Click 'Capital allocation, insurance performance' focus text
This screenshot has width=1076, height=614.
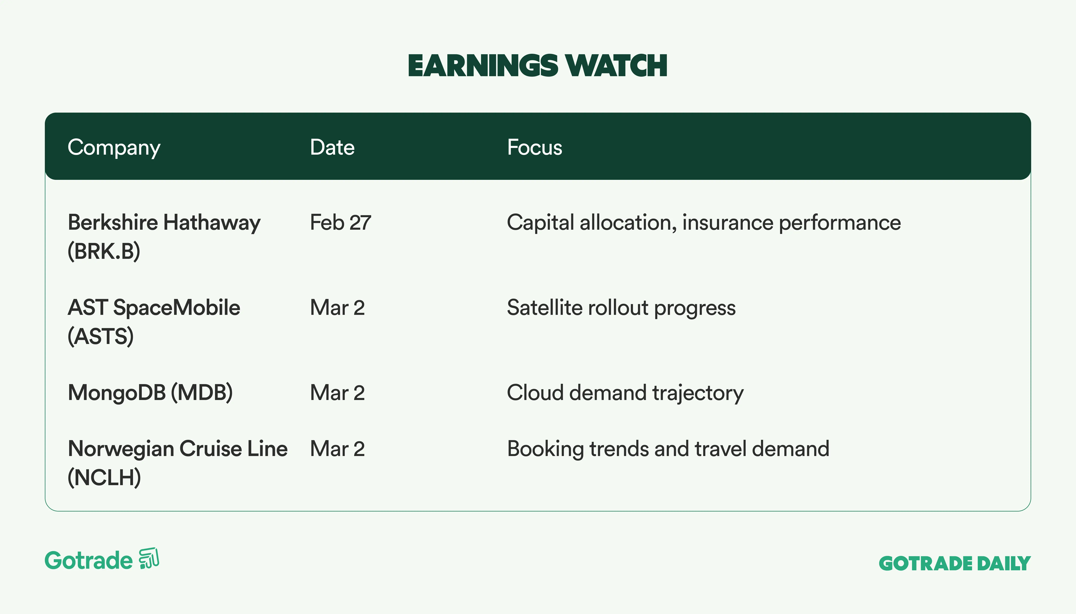704,223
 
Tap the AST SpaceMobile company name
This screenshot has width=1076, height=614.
154,307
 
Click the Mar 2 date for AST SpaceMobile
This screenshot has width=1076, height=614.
337,307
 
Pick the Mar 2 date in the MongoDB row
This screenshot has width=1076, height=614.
337,393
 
